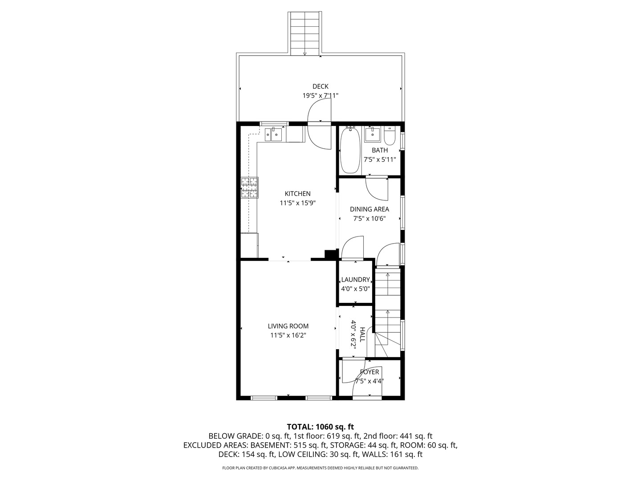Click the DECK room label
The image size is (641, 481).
coord(320,86)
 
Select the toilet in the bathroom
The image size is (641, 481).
coord(389,136)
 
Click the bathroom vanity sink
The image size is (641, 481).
coord(372,135)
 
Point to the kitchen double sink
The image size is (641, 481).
coord(69,135)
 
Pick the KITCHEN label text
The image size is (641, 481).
coord(298,194)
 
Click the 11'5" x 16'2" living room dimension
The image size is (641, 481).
coord(288,335)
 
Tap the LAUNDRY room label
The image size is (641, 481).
coord(355,280)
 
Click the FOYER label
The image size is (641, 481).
coord(369,372)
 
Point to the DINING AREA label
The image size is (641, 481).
coord(369,209)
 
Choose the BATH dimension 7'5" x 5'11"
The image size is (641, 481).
coord(380,159)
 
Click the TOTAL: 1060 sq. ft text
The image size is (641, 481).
coord(320,427)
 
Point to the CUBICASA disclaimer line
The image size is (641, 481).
coord(320,468)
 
